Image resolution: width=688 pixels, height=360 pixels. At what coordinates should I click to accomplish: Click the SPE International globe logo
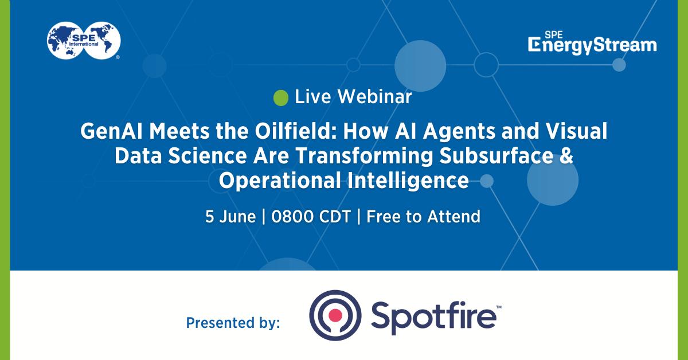tap(84, 41)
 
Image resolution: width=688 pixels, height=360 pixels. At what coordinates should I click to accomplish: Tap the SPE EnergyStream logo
tap(592, 43)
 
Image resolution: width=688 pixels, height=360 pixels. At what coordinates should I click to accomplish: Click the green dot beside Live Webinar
tap(281, 98)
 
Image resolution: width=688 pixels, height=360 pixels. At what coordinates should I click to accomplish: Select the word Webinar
tap(374, 97)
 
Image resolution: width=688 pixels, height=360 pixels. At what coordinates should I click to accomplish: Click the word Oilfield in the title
tap(295, 131)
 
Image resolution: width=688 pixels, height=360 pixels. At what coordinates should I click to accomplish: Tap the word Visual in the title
tap(576, 131)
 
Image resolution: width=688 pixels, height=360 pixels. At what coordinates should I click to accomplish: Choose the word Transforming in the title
tap(363, 156)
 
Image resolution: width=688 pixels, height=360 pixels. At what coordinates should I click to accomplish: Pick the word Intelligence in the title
tap(408, 181)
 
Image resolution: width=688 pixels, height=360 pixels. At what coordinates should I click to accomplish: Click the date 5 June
tap(230, 217)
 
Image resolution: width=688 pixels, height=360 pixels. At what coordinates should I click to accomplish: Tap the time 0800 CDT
tap(311, 217)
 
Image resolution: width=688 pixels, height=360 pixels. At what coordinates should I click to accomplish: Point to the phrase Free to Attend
tap(423, 217)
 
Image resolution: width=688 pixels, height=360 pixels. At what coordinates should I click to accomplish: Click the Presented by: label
tap(233, 323)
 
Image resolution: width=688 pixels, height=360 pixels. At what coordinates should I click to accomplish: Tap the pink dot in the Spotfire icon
tap(335, 315)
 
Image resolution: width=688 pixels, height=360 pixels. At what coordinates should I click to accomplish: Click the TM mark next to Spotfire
tap(499, 307)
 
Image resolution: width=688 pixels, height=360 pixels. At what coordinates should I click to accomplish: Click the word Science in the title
tap(208, 156)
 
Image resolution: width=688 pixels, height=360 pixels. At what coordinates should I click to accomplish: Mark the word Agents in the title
tap(459, 131)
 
